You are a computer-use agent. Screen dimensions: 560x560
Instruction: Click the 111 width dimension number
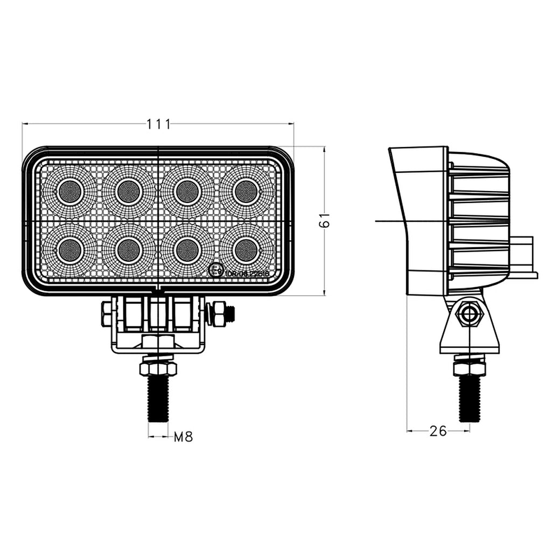pyautogui.click(x=158, y=124)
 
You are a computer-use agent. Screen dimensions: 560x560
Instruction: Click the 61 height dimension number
pyautogui.click(x=324, y=221)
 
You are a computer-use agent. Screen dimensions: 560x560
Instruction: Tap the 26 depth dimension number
pyautogui.click(x=438, y=431)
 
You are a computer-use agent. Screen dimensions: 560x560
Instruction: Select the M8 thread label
pyautogui.click(x=183, y=437)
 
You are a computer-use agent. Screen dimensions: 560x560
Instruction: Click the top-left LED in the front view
pyautogui.click(x=69, y=191)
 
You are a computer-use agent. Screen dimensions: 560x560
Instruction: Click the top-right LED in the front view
pyautogui.click(x=246, y=191)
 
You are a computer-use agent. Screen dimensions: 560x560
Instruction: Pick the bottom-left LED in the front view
pyautogui.click(x=69, y=250)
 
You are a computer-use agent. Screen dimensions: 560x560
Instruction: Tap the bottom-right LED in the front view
pyautogui.click(x=246, y=250)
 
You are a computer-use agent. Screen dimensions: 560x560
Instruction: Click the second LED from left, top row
pyautogui.click(x=128, y=191)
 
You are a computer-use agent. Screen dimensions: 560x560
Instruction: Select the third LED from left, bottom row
pyautogui.click(x=187, y=250)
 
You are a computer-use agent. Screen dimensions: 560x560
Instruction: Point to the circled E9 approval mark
pyautogui.click(x=216, y=270)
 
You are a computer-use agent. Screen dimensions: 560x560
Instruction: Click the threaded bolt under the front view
pyautogui.click(x=158, y=398)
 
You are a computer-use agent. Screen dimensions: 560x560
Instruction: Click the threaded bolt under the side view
pyautogui.click(x=470, y=398)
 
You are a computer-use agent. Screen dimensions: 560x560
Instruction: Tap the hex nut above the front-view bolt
pyautogui.click(x=158, y=368)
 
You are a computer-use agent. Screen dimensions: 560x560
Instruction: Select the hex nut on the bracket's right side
pyautogui.click(x=219, y=313)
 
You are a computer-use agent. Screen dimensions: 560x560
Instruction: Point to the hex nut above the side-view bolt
pyautogui.click(x=470, y=368)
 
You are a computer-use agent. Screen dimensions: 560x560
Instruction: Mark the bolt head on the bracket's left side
pyautogui.click(x=106, y=313)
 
